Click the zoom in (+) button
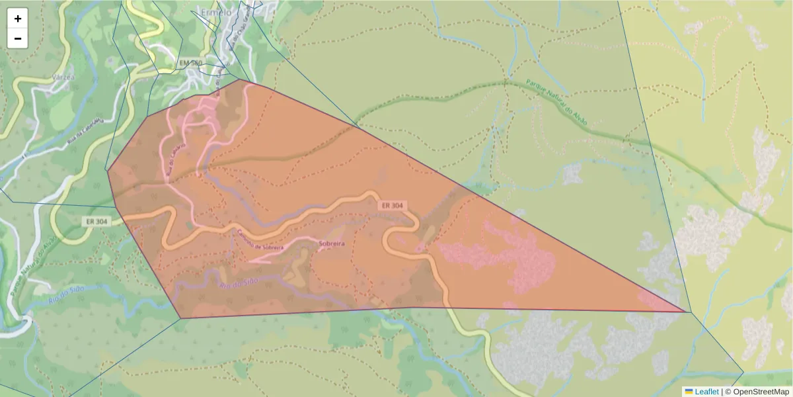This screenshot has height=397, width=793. point(18,19)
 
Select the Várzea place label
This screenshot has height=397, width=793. point(61,77)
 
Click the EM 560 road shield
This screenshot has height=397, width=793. point(190,63)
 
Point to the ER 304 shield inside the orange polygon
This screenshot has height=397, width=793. point(392,206)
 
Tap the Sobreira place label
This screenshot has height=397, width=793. point(332,244)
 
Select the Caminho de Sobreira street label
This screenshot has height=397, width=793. point(261,243)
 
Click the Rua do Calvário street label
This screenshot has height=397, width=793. point(174,161)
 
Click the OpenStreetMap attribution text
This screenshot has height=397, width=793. point(761,392)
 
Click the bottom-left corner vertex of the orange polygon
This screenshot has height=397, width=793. point(181,318)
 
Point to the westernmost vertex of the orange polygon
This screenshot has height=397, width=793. point(107,171)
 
